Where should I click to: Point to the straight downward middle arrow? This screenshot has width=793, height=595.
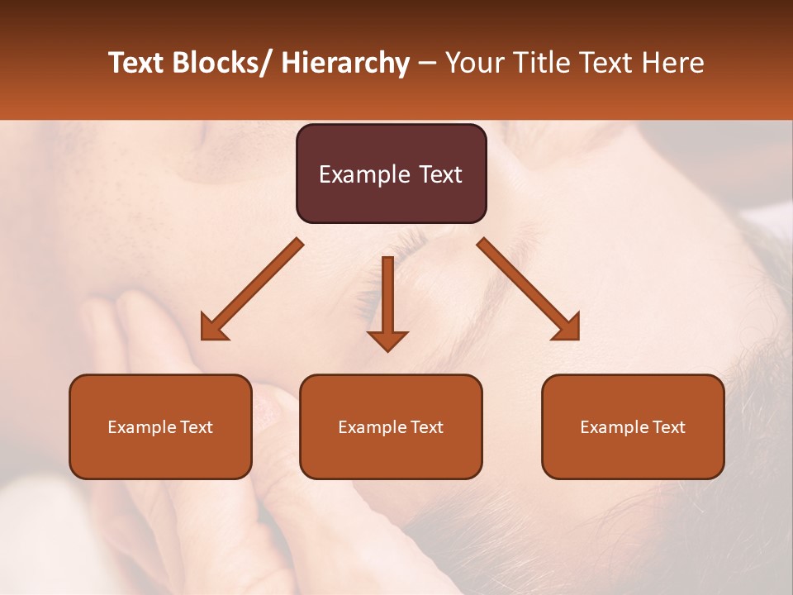[387, 302]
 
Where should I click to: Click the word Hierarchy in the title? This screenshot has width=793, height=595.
[345, 63]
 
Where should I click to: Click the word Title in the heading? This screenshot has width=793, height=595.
[538, 63]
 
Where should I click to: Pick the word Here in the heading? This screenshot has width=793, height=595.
[675, 63]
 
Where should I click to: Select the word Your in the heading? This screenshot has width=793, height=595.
[474, 63]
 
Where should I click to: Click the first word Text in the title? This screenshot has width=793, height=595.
[137, 63]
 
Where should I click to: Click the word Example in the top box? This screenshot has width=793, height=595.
[364, 175]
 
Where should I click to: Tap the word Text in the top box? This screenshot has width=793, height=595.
[439, 174]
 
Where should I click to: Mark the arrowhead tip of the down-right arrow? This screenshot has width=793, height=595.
[577, 338]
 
